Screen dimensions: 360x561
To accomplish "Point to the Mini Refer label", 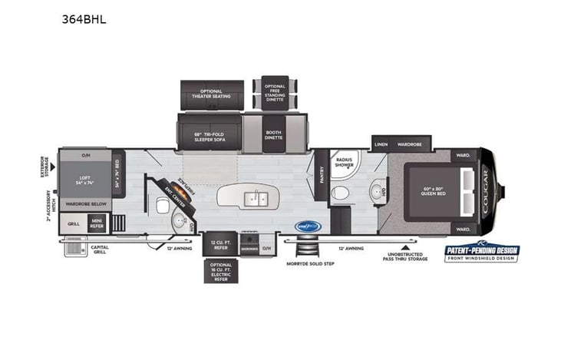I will pos(97,225).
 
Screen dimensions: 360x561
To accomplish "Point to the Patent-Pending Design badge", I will pos(482,253).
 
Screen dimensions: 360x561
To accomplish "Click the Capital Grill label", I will pos(101,249).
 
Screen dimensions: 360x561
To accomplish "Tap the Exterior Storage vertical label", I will pos(43,167).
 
